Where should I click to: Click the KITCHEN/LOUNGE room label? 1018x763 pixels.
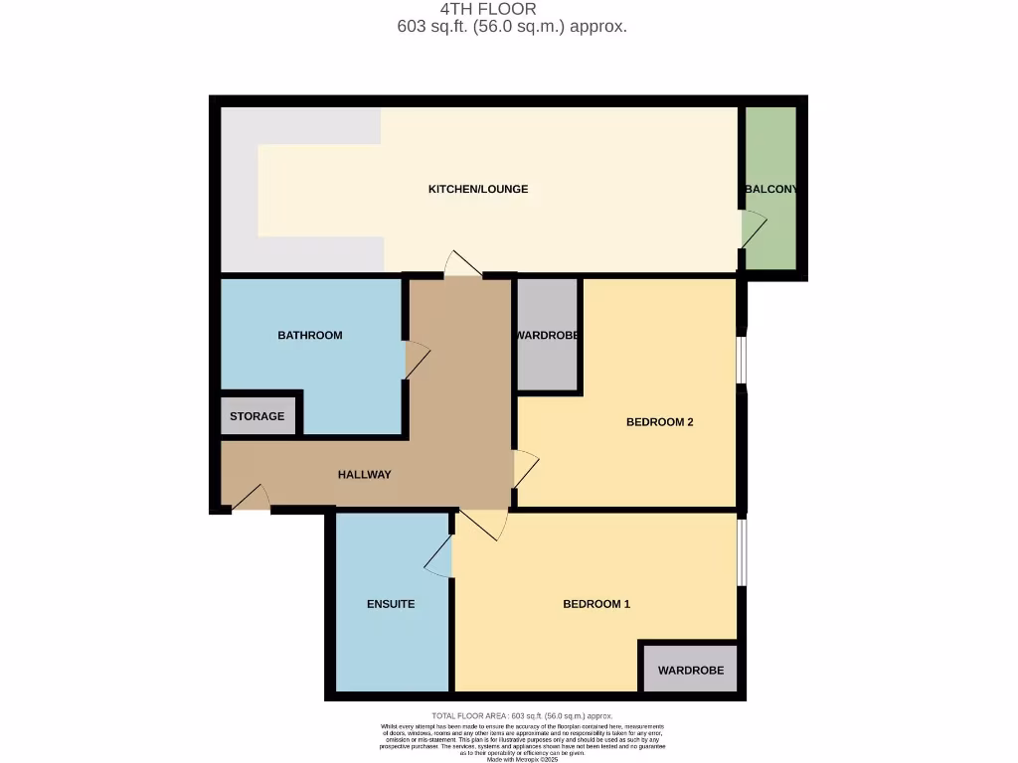(x=477, y=189)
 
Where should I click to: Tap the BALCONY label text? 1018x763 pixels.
(x=770, y=189)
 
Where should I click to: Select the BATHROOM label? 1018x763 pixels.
(x=309, y=336)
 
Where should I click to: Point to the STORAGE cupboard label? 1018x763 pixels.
(x=257, y=416)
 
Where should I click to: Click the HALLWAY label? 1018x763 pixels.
(x=364, y=475)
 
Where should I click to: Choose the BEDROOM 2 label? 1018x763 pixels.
(x=659, y=422)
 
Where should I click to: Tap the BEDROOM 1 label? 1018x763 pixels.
(x=596, y=604)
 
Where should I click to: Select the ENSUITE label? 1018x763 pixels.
(x=391, y=604)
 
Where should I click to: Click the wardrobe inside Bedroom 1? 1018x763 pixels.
(x=690, y=671)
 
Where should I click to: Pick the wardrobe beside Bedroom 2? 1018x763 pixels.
(x=548, y=336)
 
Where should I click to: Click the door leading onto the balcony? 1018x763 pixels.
(x=754, y=229)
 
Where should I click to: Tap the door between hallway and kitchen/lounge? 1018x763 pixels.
(x=463, y=264)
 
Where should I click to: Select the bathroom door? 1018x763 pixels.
(x=416, y=360)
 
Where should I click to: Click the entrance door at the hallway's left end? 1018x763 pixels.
(x=250, y=500)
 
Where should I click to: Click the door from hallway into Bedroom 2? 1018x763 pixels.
(x=525, y=469)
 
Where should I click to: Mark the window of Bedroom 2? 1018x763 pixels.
(x=742, y=360)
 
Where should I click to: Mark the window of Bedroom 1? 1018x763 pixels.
(x=742, y=551)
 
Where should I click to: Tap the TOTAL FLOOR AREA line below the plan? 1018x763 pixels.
(x=522, y=716)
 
